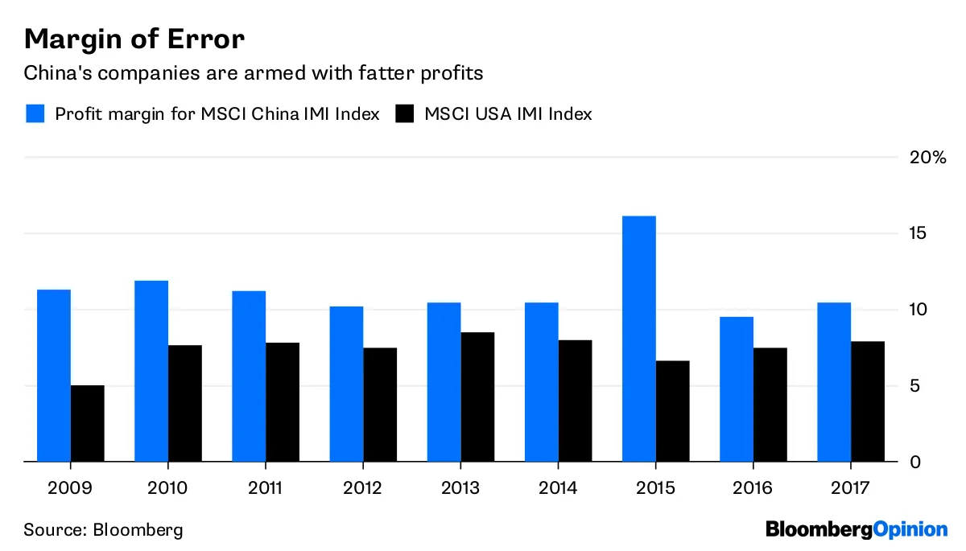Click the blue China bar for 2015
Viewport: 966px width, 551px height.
tap(638, 339)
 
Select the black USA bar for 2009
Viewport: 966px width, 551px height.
tap(88, 423)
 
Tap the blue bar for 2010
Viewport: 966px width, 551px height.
tap(151, 371)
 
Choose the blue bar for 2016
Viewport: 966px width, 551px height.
tap(737, 389)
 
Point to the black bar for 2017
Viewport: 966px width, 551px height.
tap(868, 401)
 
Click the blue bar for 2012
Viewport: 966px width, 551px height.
tap(346, 384)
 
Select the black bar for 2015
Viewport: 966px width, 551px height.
tap(672, 411)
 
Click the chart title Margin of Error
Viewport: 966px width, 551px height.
tap(134, 38)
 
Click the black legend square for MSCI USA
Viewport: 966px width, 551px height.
tap(404, 113)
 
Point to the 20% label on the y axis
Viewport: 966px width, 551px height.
tap(927, 157)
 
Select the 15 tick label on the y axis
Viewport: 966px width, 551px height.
tap(919, 233)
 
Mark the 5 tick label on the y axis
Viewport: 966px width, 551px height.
tap(914, 386)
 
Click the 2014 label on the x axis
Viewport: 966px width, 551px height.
tap(558, 487)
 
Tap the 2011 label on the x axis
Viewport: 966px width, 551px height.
tap(266, 487)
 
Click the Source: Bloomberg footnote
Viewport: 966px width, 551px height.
tap(103, 530)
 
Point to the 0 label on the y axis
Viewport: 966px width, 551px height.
tap(914, 463)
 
